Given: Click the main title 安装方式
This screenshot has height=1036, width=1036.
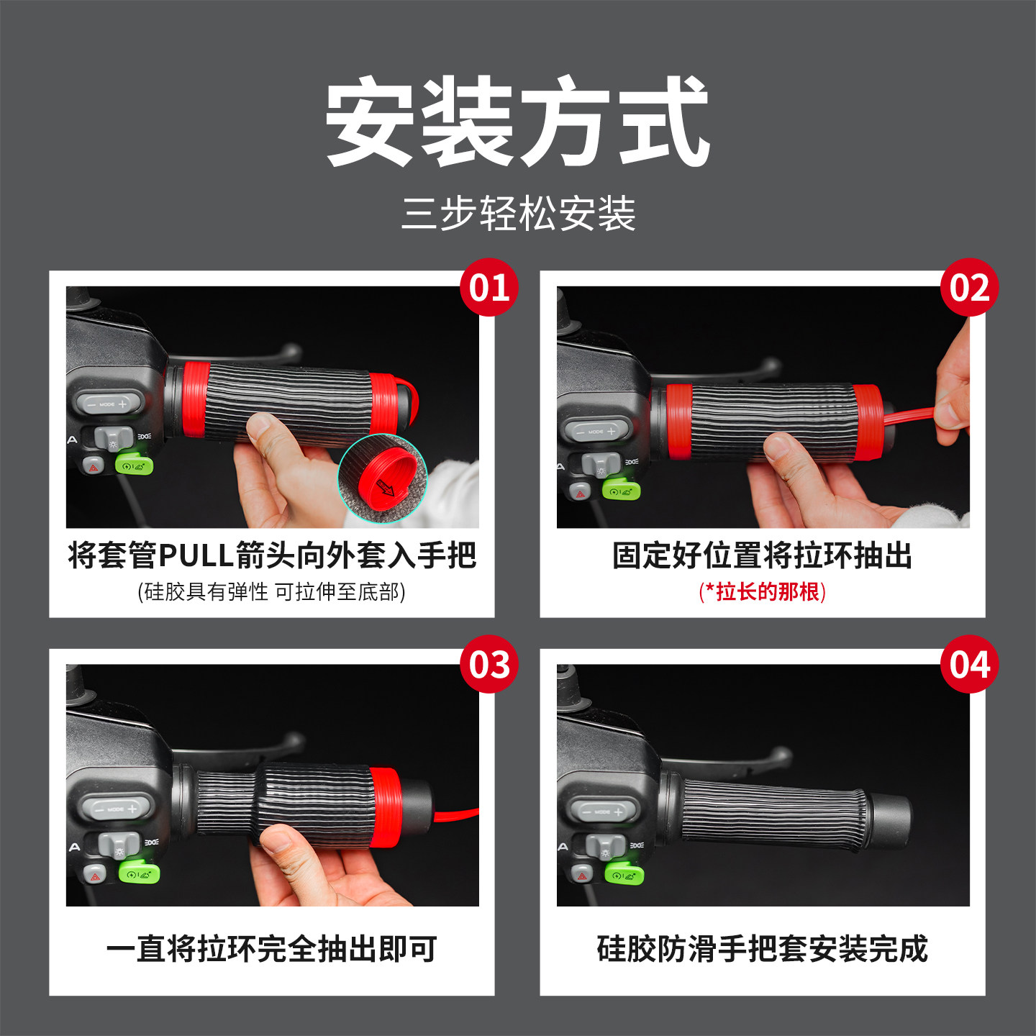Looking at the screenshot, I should point(518,122).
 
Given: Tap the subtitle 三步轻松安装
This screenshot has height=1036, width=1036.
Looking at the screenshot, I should point(518,214).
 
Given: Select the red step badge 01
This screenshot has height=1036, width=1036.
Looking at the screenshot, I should point(489,288).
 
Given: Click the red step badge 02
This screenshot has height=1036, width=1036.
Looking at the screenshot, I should point(969,288).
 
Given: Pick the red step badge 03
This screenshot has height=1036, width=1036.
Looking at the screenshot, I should point(489,664).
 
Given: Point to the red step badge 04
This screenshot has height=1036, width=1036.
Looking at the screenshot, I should point(969,664).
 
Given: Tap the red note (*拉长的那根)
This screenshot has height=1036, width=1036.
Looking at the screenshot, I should point(762,591).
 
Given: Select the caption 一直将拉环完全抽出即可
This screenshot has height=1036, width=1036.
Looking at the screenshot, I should point(272,949).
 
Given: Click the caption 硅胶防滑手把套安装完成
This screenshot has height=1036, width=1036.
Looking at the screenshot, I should point(762,949).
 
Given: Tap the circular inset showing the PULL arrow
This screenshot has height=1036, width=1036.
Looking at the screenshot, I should point(383,478).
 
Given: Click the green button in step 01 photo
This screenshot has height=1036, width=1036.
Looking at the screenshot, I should point(134,465).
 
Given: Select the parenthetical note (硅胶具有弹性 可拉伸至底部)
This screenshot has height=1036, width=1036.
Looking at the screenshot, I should point(272,591).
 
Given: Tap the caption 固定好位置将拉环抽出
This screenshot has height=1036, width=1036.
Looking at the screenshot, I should point(762,555).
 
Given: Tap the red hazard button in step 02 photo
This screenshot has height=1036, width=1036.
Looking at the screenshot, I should point(580,494).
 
